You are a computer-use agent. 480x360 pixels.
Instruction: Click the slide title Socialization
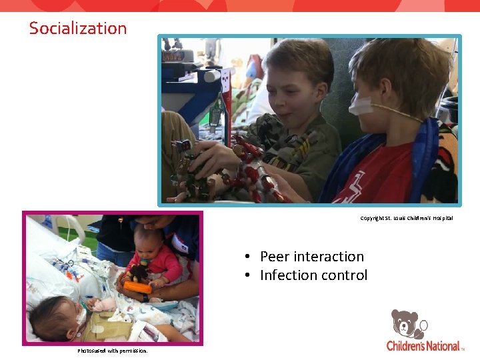pyautogui.click(x=78, y=28)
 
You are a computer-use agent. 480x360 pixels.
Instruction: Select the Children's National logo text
pyautogui.click(x=423, y=345)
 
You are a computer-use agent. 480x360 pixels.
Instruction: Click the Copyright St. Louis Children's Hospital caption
pyautogui.click(x=406, y=218)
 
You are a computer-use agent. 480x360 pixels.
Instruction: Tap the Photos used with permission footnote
pyautogui.click(x=112, y=351)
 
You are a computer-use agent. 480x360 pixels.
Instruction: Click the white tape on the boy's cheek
pyautogui.click(x=360, y=105)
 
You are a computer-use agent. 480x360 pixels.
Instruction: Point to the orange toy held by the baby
pyautogui.click(x=137, y=287)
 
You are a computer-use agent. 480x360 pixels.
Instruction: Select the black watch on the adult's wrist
pyautogui.click(x=144, y=297)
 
